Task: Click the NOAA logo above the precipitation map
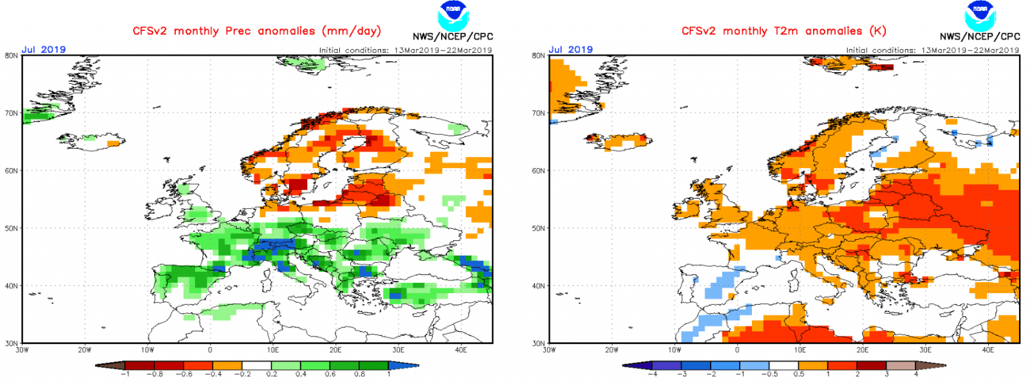453,14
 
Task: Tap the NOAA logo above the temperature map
980,14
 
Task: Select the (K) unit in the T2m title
877,31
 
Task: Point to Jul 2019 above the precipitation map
44,50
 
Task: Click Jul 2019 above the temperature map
570,50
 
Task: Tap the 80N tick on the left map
12,56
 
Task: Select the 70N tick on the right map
538,113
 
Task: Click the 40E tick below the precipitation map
461,350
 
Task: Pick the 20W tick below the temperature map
612,350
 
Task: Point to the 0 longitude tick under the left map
210,350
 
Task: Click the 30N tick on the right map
538,343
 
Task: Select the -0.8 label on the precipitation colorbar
154,374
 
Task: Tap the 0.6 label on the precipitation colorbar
330,374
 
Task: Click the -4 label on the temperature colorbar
652,374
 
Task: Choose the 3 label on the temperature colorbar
886,374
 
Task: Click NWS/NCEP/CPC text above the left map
453,37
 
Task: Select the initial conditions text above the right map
932,50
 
